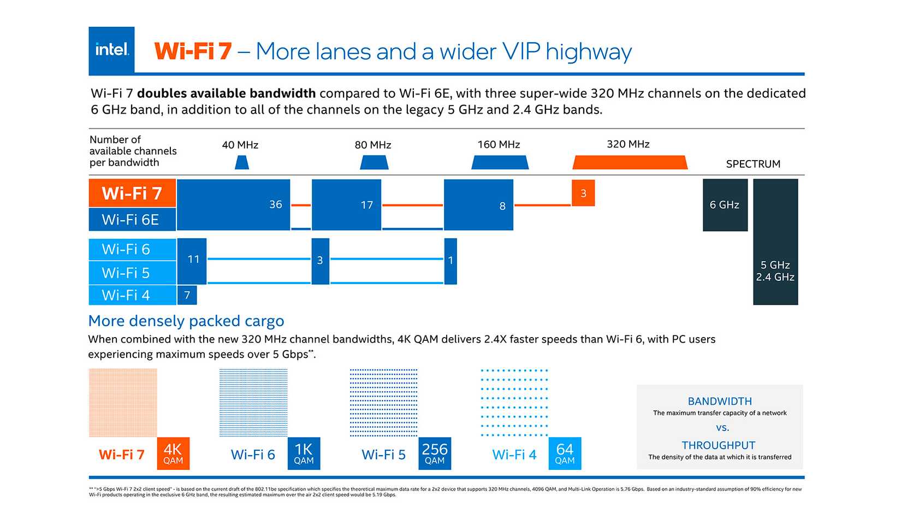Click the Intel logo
(x=111, y=50)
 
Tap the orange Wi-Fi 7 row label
(x=132, y=193)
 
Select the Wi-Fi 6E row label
(x=132, y=220)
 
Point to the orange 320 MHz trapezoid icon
(x=630, y=162)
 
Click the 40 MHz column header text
(x=240, y=145)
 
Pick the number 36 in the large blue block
(x=275, y=204)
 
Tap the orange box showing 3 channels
(x=583, y=193)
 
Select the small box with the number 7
(x=187, y=295)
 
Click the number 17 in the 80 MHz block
(x=366, y=205)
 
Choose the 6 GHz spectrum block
(x=725, y=205)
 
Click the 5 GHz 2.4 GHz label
(x=775, y=271)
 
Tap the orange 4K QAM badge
(x=173, y=453)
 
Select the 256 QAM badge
(x=435, y=453)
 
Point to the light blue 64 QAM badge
(x=565, y=453)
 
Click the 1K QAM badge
(x=304, y=453)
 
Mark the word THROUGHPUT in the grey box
(x=719, y=445)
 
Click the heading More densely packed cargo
(x=186, y=321)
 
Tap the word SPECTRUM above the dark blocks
(x=753, y=164)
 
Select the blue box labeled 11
(x=192, y=260)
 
